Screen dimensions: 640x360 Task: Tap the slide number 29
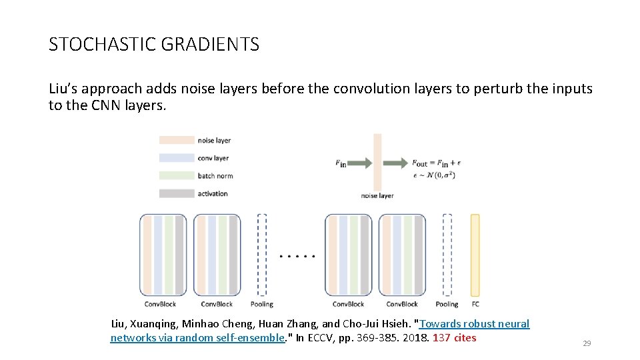click(587, 343)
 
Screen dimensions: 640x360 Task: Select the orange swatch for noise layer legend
click(175, 140)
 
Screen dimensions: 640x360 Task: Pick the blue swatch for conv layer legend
click(175, 158)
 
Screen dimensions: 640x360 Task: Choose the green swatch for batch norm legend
click(175, 176)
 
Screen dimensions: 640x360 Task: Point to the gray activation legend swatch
click(175, 193)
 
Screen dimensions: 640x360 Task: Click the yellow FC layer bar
click(475, 255)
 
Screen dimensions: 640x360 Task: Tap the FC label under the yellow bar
click(475, 304)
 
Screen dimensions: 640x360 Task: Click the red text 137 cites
click(455, 337)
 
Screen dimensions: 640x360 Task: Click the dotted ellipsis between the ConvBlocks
click(297, 255)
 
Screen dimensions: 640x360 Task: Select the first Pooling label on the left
click(262, 304)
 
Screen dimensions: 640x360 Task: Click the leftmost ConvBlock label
click(159, 304)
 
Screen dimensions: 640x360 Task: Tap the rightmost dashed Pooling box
click(447, 255)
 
